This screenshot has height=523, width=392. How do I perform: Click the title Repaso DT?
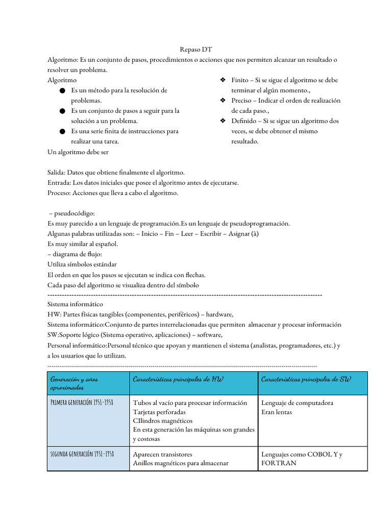(x=195, y=50)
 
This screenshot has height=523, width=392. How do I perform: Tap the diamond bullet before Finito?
(x=223, y=80)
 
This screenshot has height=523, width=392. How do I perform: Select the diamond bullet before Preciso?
(x=223, y=101)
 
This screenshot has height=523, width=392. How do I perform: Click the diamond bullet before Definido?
(x=223, y=121)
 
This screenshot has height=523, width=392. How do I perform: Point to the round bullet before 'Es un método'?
(x=62, y=90)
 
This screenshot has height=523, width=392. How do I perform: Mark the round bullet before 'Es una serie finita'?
(x=62, y=131)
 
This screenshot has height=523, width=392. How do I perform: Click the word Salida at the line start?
(x=57, y=173)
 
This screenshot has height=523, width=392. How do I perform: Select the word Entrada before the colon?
(x=59, y=183)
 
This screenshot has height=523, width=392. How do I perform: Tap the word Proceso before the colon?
(x=59, y=193)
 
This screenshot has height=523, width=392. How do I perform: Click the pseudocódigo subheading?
(x=73, y=213)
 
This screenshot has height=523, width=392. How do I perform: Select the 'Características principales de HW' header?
(x=178, y=379)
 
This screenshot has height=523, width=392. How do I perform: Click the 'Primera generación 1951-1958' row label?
(x=82, y=402)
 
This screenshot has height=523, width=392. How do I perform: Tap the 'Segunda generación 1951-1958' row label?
(x=82, y=454)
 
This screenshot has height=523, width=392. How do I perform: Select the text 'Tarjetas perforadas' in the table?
(x=159, y=412)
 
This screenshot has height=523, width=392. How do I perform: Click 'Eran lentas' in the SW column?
(x=277, y=412)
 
